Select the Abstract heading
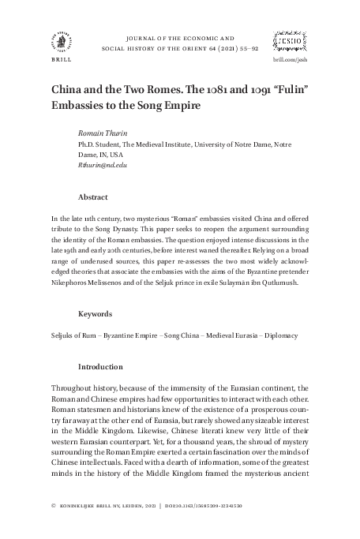[x=92, y=197]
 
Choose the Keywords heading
[x=96, y=313]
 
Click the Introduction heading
[x=100, y=367]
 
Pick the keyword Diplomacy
[x=276, y=335]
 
